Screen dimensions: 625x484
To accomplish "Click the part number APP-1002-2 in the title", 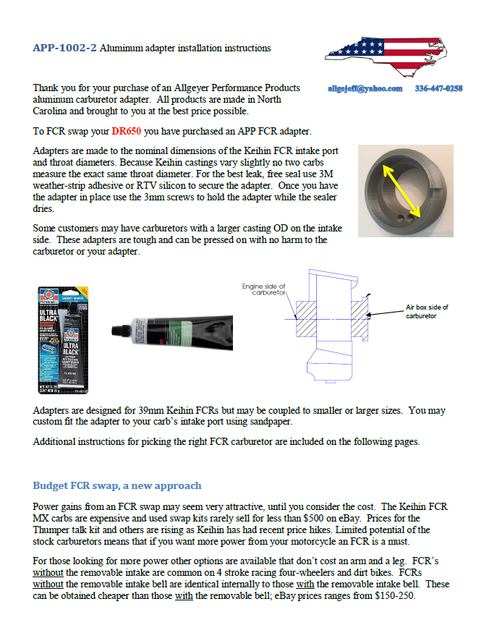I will (64, 48).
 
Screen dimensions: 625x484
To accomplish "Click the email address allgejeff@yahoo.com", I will (365, 88).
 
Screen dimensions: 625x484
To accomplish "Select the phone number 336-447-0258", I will (438, 88).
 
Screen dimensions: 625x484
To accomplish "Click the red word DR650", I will (127, 132).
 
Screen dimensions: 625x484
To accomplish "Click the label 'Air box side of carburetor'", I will (427, 311).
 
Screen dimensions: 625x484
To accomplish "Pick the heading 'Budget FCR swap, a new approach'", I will (117, 485).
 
